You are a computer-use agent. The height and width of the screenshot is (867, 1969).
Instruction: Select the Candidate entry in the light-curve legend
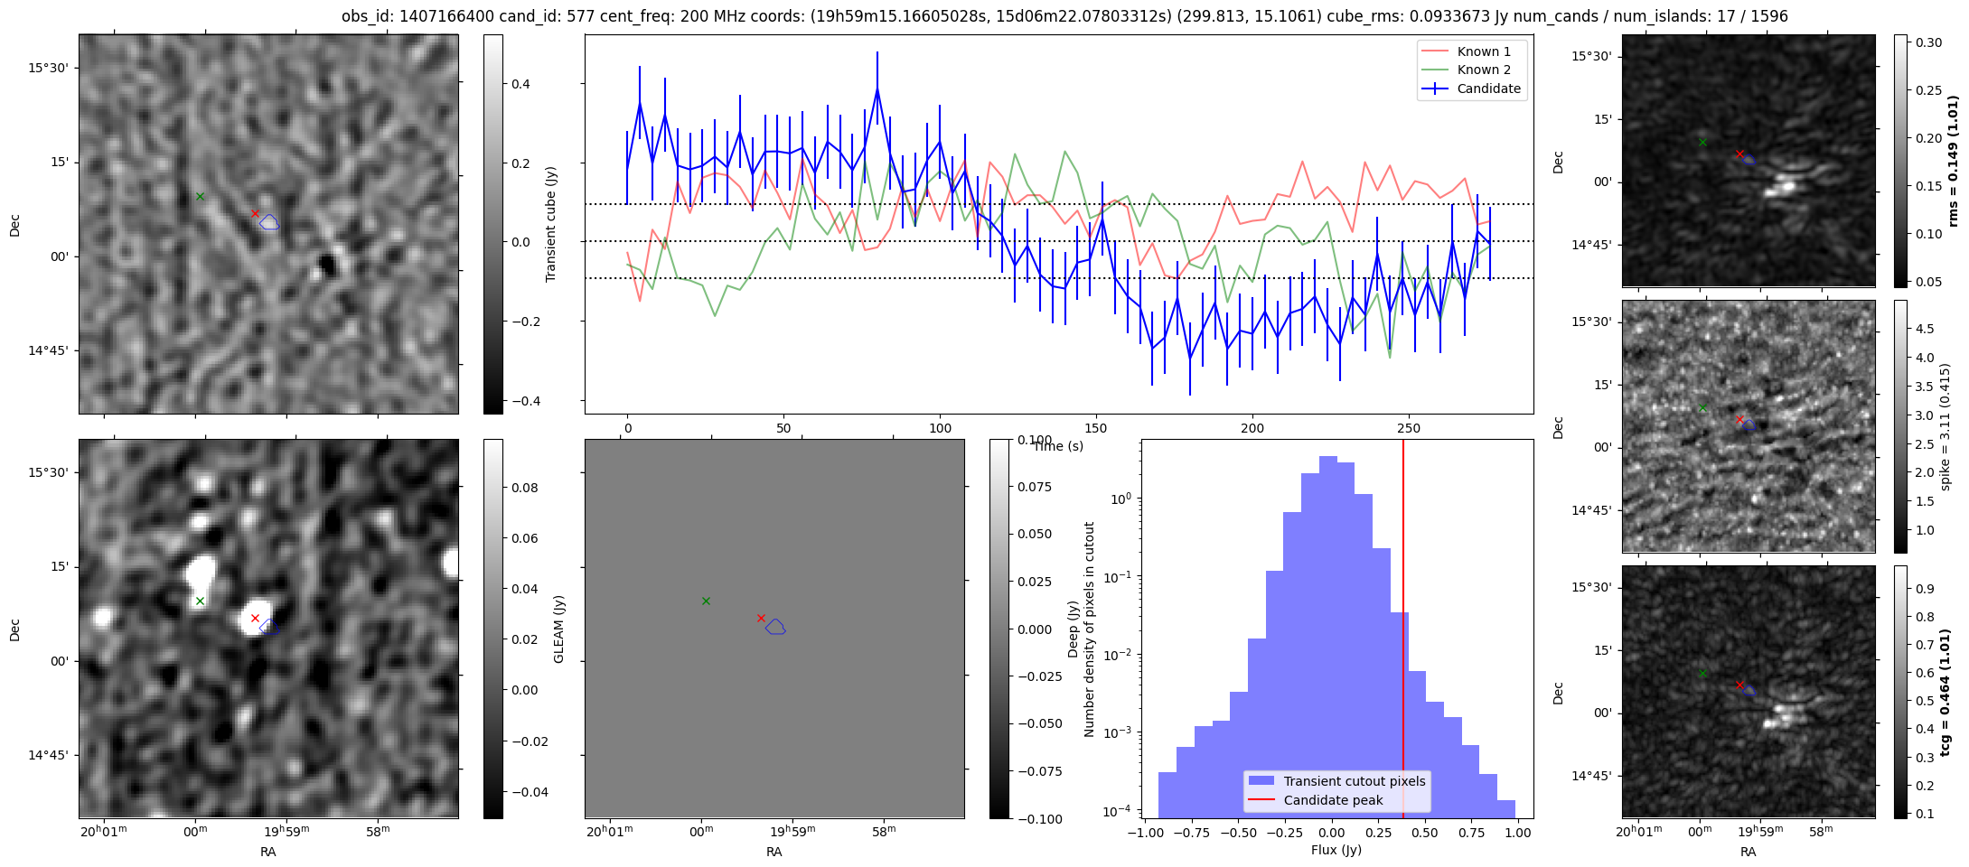click(x=1488, y=89)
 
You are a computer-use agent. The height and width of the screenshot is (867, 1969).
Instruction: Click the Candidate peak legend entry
click(x=1333, y=800)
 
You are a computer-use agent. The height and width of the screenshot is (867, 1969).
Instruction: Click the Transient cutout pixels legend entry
click(x=1354, y=781)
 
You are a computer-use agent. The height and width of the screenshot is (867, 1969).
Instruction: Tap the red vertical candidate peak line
click(x=1403, y=632)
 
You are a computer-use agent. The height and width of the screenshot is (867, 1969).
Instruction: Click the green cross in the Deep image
click(x=200, y=601)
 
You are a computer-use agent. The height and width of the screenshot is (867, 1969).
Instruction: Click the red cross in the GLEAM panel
click(x=761, y=619)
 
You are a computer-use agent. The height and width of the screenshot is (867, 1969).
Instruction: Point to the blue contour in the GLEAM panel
click(x=775, y=627)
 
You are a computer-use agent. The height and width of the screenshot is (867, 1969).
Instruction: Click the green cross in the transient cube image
click(x=200, y=196)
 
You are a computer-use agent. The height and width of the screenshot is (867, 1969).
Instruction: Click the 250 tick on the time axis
click(x=1408, y=428)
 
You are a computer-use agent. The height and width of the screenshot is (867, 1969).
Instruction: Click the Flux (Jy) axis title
click(x=1336, y=850)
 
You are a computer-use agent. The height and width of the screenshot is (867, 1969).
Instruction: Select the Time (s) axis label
click(x=1058, y=446)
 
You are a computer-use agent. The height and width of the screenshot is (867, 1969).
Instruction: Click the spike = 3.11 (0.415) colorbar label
click(x=1945, y=426)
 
